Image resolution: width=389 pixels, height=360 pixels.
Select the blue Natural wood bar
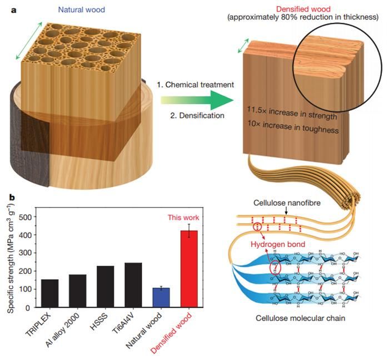click(x=161, y=297)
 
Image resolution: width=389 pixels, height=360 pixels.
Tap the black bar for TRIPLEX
click(x=50, y=293)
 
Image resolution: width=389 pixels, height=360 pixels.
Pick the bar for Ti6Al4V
click(x=133, y=284)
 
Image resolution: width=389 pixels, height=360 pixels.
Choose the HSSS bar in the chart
click(x=106, y=286)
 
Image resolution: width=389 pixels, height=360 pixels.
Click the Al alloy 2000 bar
click(x=78, y=290)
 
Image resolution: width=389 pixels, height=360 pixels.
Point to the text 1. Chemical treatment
click(x=195, y=85)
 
